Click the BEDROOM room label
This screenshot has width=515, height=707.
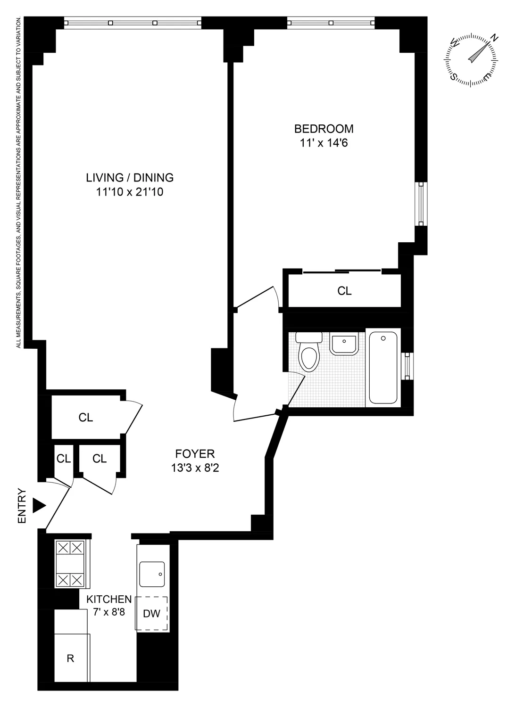[324, 128]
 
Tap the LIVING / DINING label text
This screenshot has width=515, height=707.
[130, 178]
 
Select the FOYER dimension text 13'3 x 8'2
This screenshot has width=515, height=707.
[195, 469]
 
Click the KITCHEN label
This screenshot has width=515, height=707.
[108, 599]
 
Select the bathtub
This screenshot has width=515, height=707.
[382, 368]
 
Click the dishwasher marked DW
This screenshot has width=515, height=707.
[152, 613]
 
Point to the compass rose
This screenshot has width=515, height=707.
[471, 60]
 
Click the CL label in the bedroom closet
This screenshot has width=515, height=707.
[344, 291]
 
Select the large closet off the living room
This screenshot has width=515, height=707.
[86, 417]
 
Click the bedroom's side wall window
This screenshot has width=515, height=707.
[421, 204]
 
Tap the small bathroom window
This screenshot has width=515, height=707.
[408, 365]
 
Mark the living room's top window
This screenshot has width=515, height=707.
[133, 22]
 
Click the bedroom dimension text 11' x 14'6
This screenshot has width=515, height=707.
[324, 143]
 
